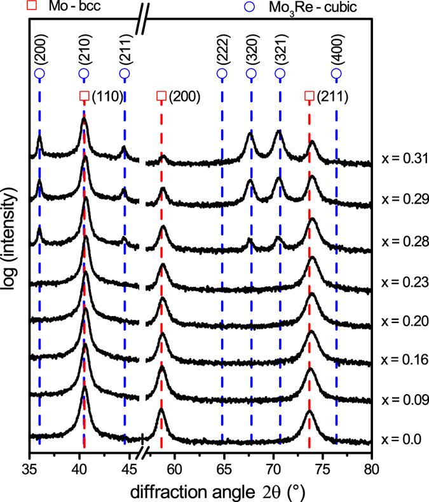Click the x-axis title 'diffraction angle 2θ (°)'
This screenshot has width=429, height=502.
(200, 491)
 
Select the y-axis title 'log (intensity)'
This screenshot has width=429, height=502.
(10, 234)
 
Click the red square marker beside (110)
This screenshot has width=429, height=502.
(84, 96)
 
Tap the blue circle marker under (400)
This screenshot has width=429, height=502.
(336, 74)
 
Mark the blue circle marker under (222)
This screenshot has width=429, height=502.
(222, 74)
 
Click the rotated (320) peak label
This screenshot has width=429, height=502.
(251, 52)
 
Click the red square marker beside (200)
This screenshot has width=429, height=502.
(161, 96)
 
